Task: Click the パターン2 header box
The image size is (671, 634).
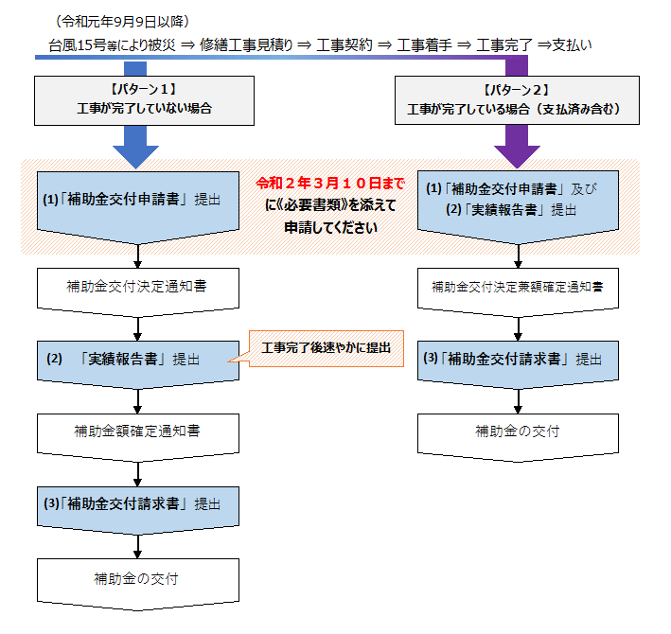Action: [x=513, y=99]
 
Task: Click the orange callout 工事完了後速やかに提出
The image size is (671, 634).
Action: [x=327, y=348]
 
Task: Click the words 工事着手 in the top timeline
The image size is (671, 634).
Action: [x=423, y=44]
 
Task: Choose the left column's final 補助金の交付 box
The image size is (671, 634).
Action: [x=139, y=579]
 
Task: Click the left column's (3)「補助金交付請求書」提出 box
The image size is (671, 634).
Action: [x=139, y=504]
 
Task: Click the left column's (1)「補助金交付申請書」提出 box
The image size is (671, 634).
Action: [x=139, y=201]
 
